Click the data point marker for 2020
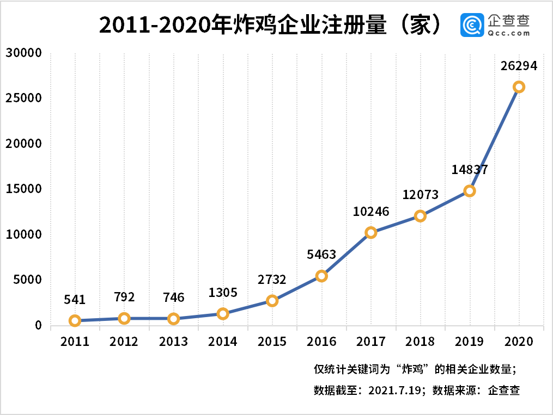point(519,87)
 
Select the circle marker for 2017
point(371,233)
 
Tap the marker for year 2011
point(75,320)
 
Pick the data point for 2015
point(272,301)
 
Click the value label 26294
point(519,66)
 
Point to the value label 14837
point(470,169)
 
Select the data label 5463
point(321,254)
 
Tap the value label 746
point(173,298)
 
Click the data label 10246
point(371,212)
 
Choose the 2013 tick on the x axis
point(173,342)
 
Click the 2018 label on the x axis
point(420,342)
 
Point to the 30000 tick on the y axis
point(24,53)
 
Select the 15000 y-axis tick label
point(24,189)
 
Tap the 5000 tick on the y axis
point(27,280)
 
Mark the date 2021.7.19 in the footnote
point(396,390)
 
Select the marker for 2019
point(470,191)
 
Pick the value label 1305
point(223,293)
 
